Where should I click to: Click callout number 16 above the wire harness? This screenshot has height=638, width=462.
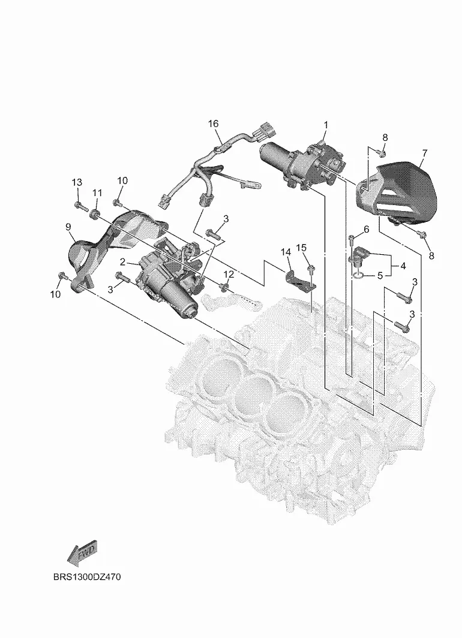point(213,124)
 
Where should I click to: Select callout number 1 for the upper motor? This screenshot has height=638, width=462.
point(326,125)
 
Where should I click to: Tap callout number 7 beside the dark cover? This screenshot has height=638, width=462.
point(424,153)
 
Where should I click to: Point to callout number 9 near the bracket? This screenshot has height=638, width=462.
point(68,226)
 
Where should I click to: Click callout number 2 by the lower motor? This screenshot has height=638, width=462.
point(122,262)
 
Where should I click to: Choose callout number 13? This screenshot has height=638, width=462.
point(77,182)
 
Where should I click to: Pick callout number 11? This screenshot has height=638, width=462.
point(97,192)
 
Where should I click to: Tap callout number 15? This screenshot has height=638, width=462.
point(301,248)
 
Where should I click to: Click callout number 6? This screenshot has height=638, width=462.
point(366,229)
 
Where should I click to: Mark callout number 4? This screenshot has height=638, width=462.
point(403,265)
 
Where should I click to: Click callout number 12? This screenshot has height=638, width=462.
point(229,274)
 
